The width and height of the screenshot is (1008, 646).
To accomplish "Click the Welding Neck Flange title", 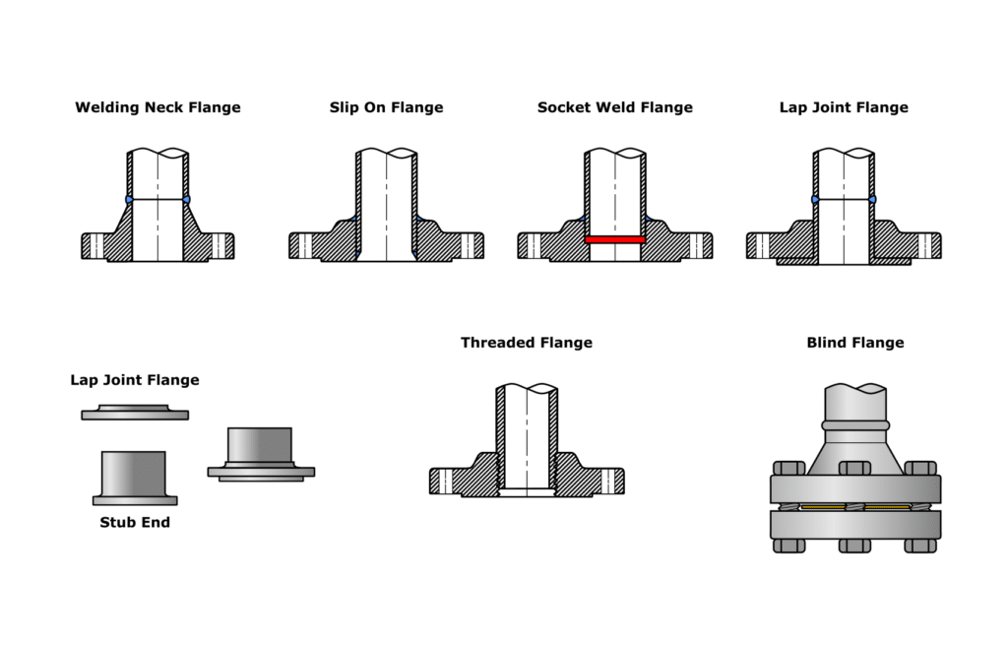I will click(157, 107).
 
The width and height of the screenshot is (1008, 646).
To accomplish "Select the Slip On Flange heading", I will click(386, 107).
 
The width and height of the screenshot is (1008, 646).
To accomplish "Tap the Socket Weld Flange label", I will click(614, 107).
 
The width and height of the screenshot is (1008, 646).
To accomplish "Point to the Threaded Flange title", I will click(526, 343).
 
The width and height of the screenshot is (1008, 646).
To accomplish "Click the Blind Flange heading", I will click(854, 343).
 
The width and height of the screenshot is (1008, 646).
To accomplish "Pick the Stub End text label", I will click(135, 522).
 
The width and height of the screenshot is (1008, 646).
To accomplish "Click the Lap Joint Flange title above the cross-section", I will click(844, 107).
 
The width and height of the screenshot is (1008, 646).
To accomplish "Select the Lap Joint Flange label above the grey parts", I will click(135, 380).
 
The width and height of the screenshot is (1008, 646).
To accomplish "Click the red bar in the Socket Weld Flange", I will click(614, 239).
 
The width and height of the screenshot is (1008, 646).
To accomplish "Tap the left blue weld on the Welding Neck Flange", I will click(129, 200).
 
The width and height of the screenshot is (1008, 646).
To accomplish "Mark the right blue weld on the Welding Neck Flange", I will click(186, 200).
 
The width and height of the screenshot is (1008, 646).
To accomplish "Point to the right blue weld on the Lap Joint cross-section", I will click(873, 200).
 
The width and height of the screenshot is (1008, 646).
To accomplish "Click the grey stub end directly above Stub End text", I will click(135, 478).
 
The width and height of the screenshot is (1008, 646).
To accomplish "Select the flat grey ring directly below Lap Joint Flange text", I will click(135, 414).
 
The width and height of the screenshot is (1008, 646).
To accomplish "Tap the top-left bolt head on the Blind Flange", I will click(787, 468).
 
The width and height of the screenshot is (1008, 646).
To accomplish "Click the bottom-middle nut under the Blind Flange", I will click(854, 545).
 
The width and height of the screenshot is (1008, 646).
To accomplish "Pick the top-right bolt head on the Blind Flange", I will click(920, 468).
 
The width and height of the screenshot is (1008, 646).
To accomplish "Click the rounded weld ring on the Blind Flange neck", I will click(854, 425).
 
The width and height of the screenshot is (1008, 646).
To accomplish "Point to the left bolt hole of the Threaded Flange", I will click(446, 481).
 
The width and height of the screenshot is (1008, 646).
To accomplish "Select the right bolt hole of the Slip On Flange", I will click(468, 245).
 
